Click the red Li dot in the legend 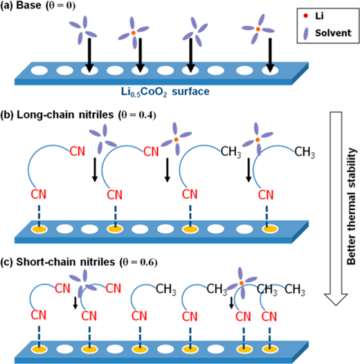(305, 16)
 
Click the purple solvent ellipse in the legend (306, 33)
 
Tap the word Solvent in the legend (333, 33)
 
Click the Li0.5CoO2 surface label (165, 92)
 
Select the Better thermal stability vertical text (351, 206)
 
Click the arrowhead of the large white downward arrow (336, 299)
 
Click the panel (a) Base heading (38, 6)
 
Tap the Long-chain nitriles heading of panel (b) (78, 115)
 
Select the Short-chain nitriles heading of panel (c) (79, 262)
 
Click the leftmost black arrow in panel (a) (89, 55)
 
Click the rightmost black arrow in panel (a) (270, 55)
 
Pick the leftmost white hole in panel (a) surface (39, 71)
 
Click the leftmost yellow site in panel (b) (39, 229)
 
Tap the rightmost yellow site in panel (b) (270, 229)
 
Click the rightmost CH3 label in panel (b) (305, 152)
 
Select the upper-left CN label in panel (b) (78, 152)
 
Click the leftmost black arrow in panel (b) (95, 170)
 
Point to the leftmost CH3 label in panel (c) (166, 290)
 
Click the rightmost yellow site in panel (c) (270, 349)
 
